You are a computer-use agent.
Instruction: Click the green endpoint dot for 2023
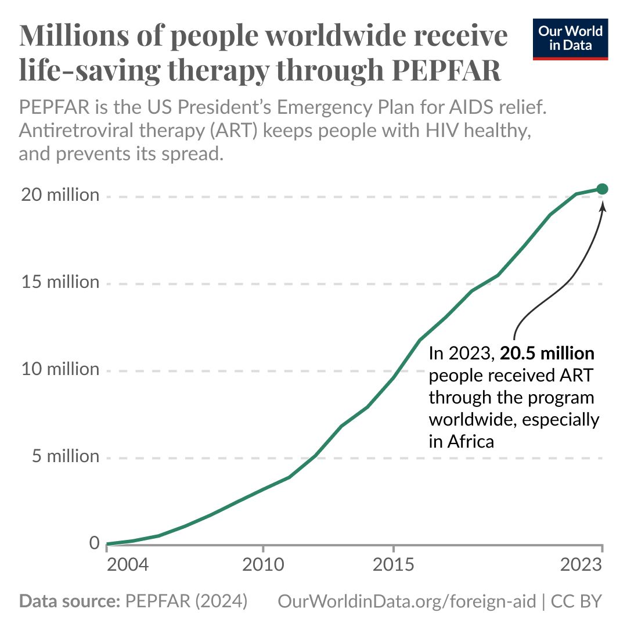602,189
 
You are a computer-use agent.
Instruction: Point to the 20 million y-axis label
60,195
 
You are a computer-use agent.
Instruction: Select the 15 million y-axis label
60,283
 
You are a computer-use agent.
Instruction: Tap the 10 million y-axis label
60,370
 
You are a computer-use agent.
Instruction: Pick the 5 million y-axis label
65,457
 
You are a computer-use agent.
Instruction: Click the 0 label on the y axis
94,544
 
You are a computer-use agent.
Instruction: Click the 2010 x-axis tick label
263,565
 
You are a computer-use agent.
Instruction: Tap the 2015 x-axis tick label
394,565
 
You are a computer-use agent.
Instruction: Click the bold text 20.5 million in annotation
547,354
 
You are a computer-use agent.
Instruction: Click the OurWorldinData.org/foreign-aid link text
407,601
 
